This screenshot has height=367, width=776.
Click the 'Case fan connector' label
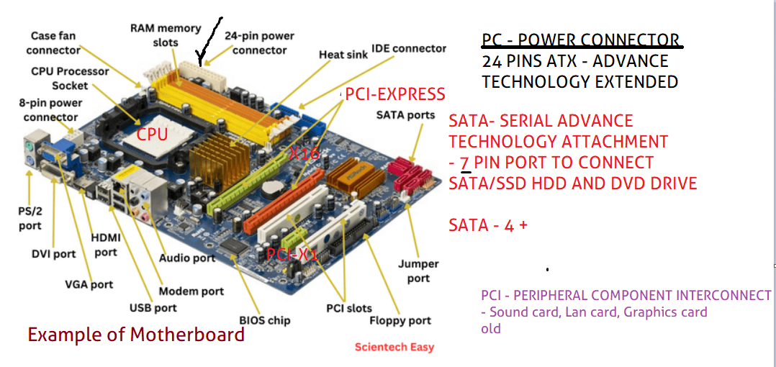click(53, 43)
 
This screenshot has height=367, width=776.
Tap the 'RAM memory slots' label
click(166, 35)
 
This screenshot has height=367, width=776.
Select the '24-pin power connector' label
click(259, 43)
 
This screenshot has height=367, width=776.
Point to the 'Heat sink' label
click(343, 55)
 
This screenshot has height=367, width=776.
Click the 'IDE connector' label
click(409, 49)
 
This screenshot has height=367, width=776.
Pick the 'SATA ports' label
click(405, 114)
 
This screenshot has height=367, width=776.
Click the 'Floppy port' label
click(400, 320)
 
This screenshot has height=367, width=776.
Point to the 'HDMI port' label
click(106, 245)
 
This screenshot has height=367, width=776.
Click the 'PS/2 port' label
click(30, 219)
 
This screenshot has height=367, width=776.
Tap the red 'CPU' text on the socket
click(152, 135)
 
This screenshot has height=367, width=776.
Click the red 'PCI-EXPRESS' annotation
click(395, 94)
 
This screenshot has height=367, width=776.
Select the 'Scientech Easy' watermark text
click(394, 348)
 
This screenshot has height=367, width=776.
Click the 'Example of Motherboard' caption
click(136, 335)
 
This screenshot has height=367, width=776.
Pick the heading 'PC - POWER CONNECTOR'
click(580, 40)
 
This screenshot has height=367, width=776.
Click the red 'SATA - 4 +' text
click(488, 225)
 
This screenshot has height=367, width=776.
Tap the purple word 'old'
click(491, 328)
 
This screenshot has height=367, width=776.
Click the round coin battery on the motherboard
click(271, 189)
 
